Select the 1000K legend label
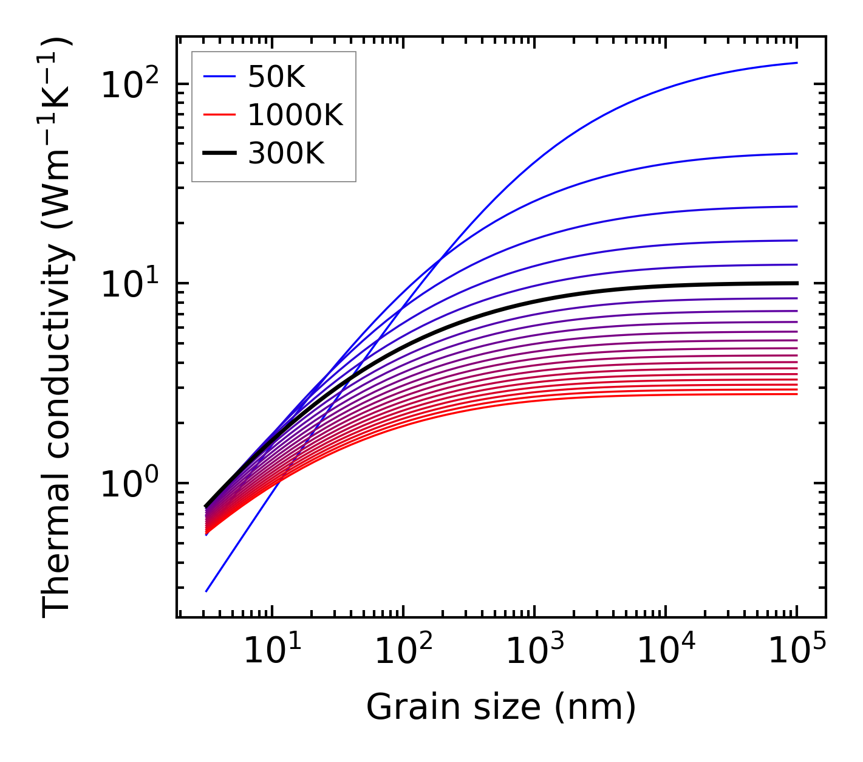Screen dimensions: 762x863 pyautogui.click(x=295, y=115)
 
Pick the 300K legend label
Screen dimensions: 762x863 pyautogui.click(x=286, y=154)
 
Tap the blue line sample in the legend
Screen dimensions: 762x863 pyautogui.click(x=219, y=77)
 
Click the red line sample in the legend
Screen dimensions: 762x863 pyautogui.click(x=219, y=115)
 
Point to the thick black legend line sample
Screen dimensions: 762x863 pyautogui.click(x=219, y=154)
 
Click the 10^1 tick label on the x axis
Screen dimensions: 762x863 pyautogui.click(x=271, y=651)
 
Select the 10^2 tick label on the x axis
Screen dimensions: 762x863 pyautogui.click(x=403, y=651)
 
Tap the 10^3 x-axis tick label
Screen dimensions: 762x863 pyautogui.click(x=534, y=651)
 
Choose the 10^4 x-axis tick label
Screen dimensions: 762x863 pyautogui.click(x=665, y=651)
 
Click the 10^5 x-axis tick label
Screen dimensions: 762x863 pyautogui.click(x=796, y=651)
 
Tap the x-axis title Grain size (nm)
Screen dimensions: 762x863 pyautogui.click(x=501, y=707)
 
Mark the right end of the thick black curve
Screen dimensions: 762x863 pyautogui.click(x=797, y=283)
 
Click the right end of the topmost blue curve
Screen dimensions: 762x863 pyautogui.click(x=797, y=63)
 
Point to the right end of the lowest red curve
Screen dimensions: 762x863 pyautogui.click(x=797, y=394)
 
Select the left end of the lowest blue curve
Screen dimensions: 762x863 pyautogui.click(x=206, y=591)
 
